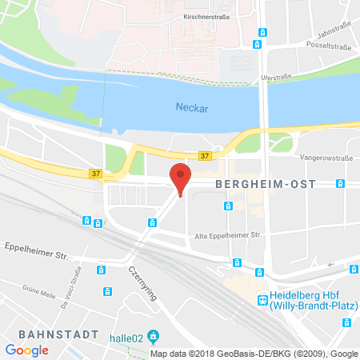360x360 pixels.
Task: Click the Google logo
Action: (x=27, y=350)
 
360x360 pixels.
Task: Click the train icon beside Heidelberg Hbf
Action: (x=262, y=298)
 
